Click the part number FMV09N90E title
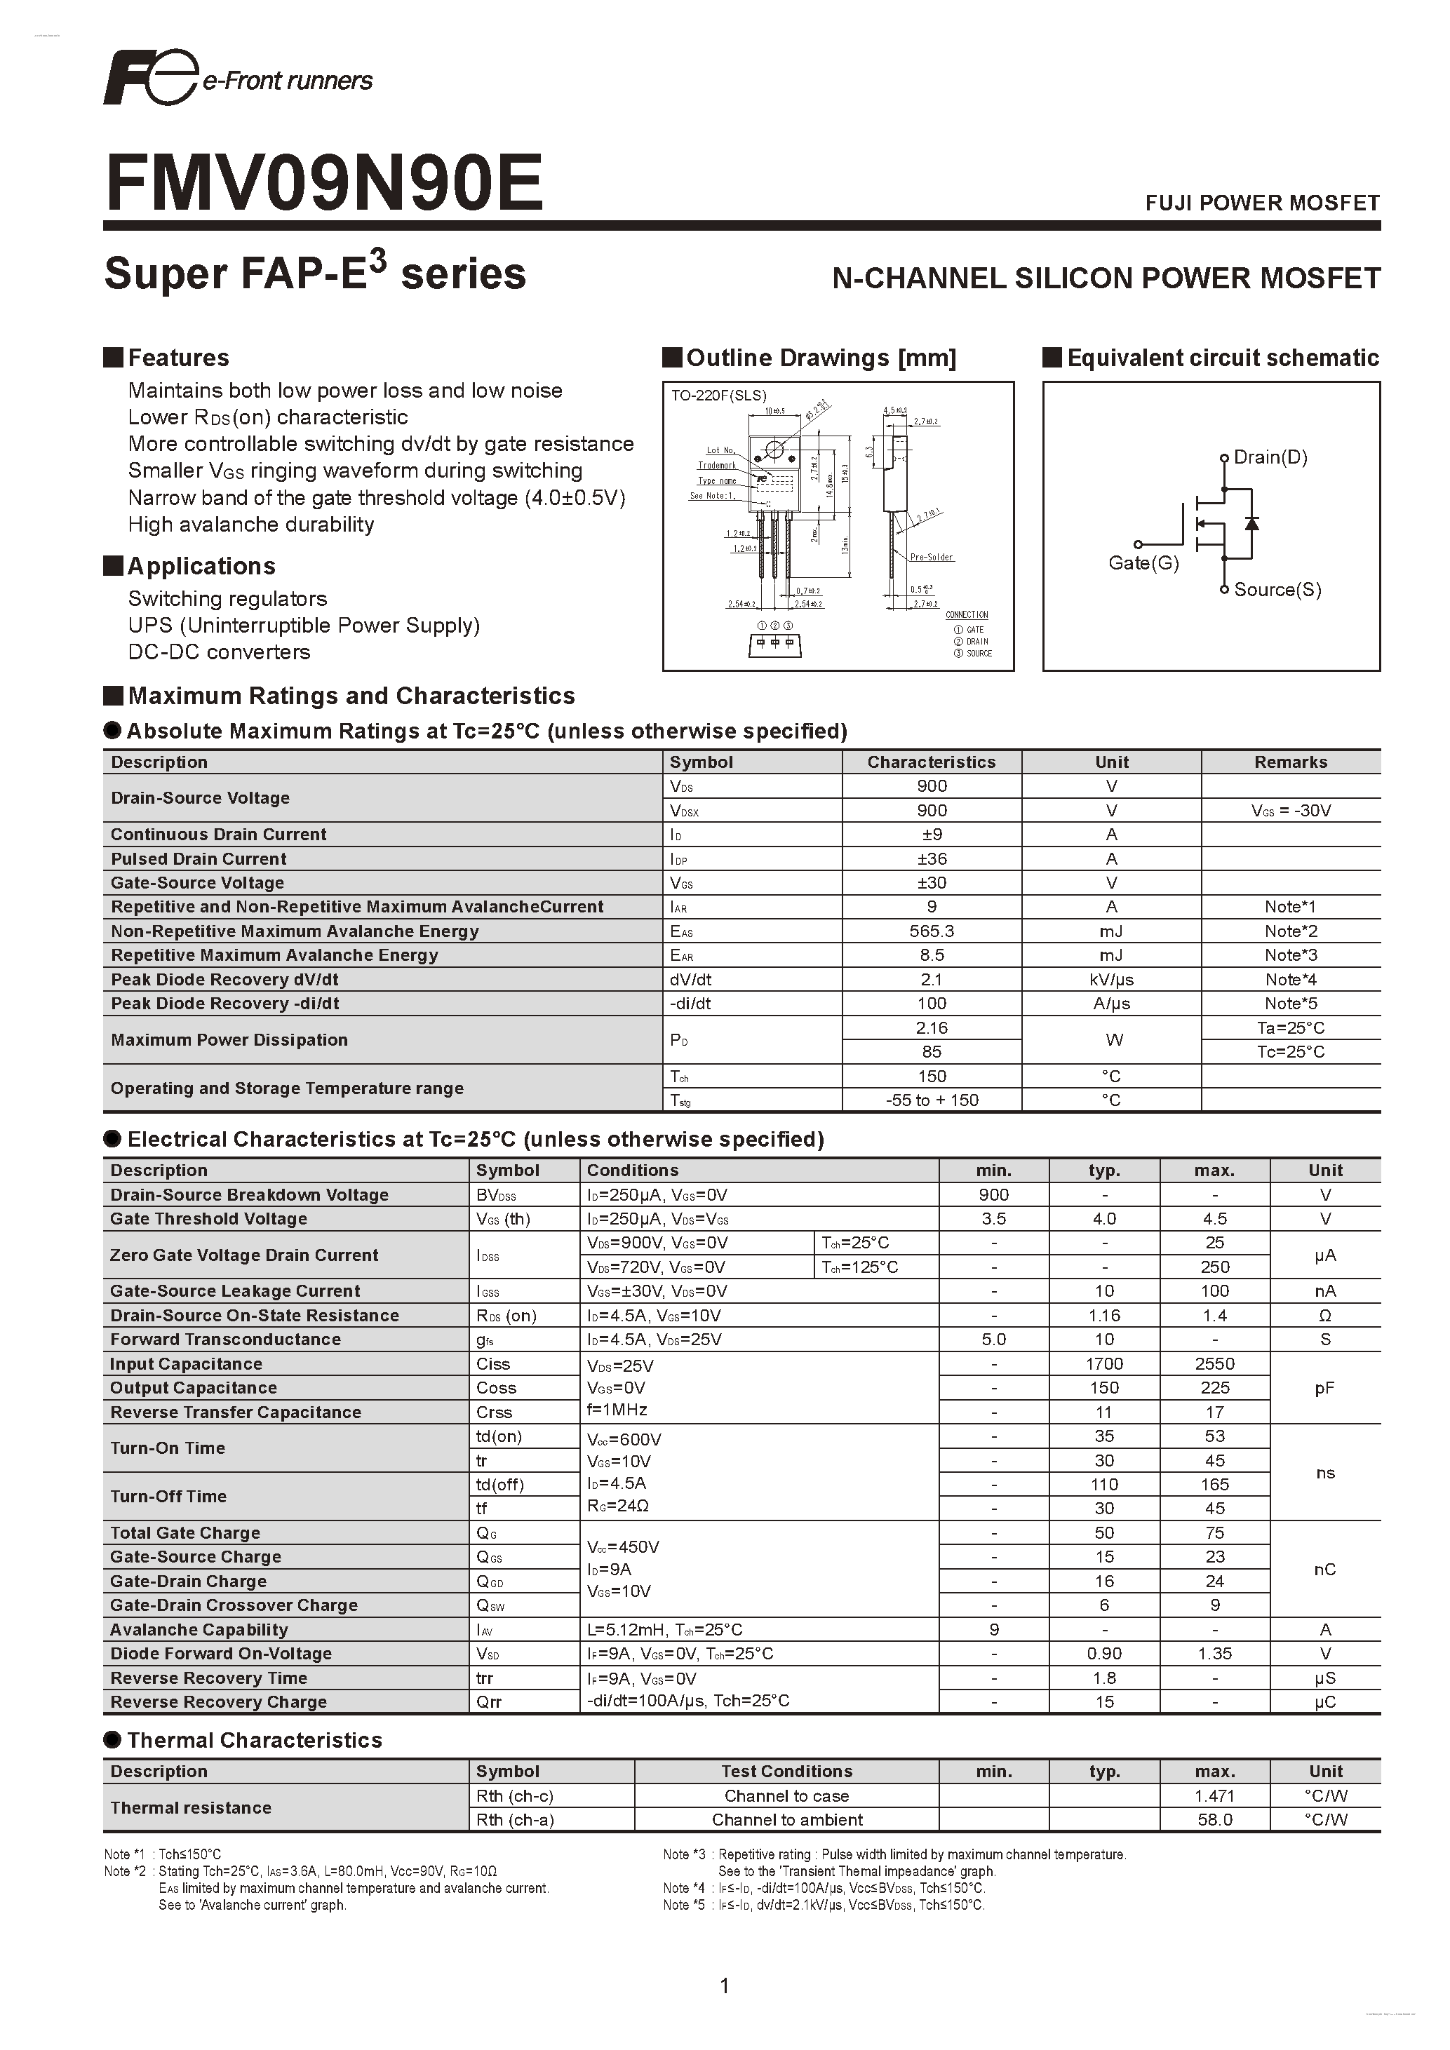(x=324, y=183)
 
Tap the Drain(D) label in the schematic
(x=1270, y=457)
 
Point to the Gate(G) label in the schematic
(x=1143, y=563)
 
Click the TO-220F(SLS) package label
(x=719, y=396)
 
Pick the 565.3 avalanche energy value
(x=932, y=931)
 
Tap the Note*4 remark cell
(x=1290, y=980)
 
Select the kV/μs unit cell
(x=1112, y=980)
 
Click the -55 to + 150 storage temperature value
(x=932, y=1100)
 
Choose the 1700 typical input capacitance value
(x=1104, y=1363)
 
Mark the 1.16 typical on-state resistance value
(x=1104, y=1315)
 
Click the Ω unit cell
(x=1325, y=1315)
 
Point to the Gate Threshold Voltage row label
(x=209, y=1219)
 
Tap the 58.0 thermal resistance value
(x=1214, y=1820)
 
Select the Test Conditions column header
(x=786, y=1772)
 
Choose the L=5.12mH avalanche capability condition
(x=664, y=1629)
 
